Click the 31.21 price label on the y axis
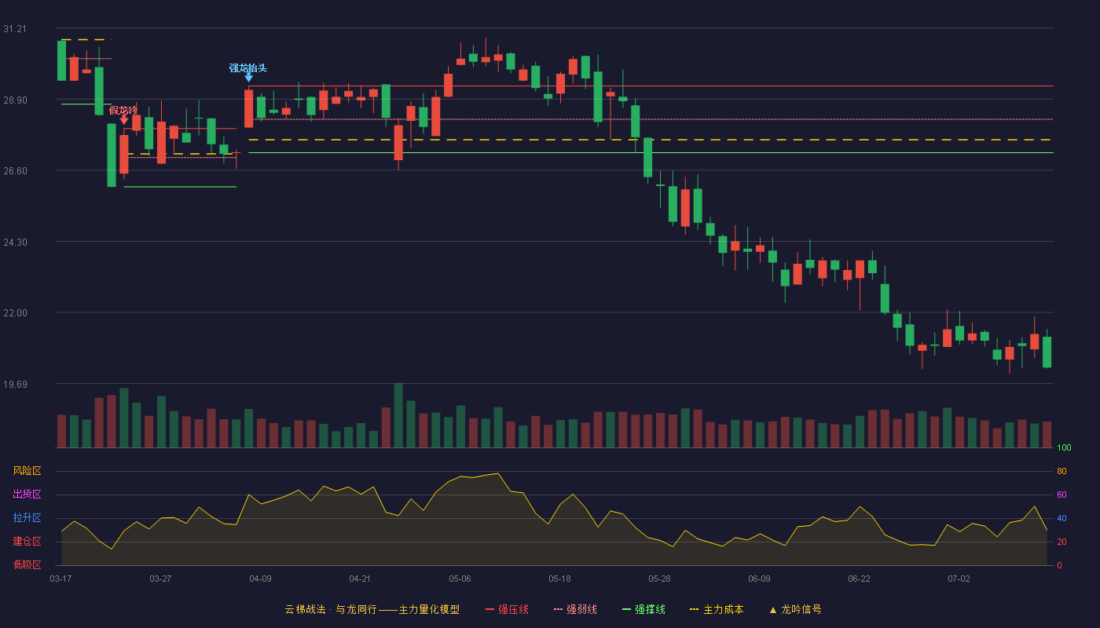click(x=15, y=29)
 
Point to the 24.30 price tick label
click(x=15, y=243)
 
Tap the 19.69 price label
click(x=15, y=384)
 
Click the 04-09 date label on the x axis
click(x=260, y=579)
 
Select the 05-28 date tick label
click(x=659, y=579)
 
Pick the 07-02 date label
click(x=959, y=579)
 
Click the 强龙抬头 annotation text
click(x=248, y=68)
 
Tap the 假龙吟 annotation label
click(x=123, y=110)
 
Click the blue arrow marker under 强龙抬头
click(x=248, y=78)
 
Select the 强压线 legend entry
click(x=507, y=609)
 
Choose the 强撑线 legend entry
click(x=643, y=609)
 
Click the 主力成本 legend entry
click(x=717, y=609)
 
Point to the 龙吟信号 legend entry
click(x=795, y=609)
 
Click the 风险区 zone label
click(x=27, y=471)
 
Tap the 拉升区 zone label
click(x=27, y=517)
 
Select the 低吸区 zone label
click(x=27, y=564)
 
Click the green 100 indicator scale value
click(x=1064, y=447)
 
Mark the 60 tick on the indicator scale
click(x=1061, y=495)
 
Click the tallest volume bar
click(x=398, y=415)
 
